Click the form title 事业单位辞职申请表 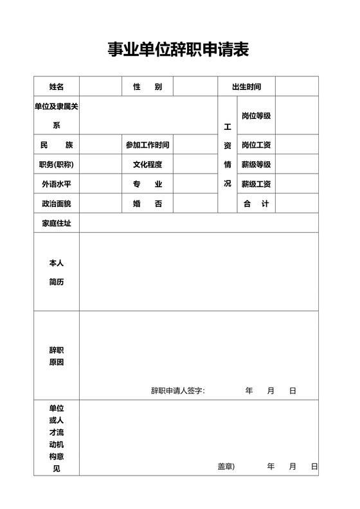(178, 49)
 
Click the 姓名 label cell (57, 87)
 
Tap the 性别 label (147, 87)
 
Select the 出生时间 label (247, 87)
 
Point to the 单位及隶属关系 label (57, 116)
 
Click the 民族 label (57, 145)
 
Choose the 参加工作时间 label (147, 145)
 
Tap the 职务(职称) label (57, 165)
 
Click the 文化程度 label (147, 165)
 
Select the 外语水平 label (57, 184)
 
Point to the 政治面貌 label (57, 204)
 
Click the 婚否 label (147, 204)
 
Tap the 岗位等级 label (256, 116)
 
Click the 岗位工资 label (256, 145)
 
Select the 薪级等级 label (256, 165)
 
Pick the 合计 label (256, 204)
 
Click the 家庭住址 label (57, 223)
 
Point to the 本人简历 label (57, 272)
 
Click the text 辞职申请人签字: (178, 391)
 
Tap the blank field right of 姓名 (101, 87)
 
